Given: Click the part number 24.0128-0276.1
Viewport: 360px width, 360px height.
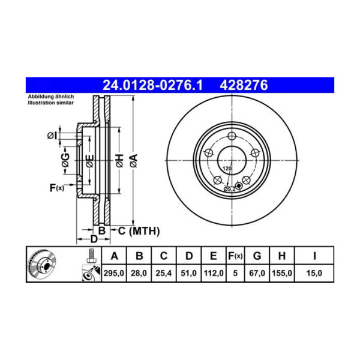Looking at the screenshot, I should [153, 86].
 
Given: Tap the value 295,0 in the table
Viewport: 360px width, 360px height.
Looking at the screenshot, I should [115, 273].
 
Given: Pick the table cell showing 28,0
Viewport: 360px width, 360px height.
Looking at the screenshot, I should [139, 273].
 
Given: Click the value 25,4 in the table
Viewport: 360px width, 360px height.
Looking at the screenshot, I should [163, 273].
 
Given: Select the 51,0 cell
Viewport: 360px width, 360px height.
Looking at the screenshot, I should [188, 273].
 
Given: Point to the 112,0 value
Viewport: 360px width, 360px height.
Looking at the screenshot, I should [213, 273].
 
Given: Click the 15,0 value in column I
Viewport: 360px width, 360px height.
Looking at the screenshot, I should [314, 273].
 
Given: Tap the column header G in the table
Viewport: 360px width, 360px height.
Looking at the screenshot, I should [257, 256].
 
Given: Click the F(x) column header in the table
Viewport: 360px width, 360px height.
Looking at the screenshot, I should [235, 256].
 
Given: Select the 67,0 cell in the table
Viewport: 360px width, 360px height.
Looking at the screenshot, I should [257, 273].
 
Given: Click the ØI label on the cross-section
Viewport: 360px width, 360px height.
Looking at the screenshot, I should [52, 136].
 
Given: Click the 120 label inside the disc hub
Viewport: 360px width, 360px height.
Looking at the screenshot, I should [227, 169].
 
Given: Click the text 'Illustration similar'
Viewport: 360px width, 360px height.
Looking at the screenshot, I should [50, 103].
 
